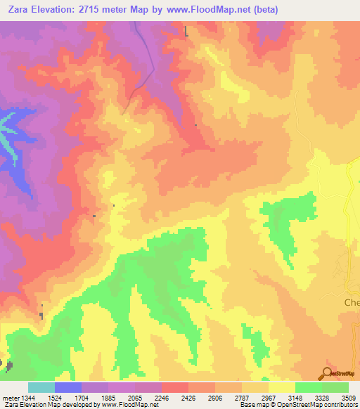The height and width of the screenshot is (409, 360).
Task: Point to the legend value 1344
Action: (29, 397)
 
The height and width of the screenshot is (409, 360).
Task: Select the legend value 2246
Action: (162, 397)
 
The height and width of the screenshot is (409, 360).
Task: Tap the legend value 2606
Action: (216, 397)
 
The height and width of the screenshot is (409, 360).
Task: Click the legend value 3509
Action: (349, 397)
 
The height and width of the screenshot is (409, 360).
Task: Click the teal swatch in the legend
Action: (41, 387)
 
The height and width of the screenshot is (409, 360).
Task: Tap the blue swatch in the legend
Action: (68, 387)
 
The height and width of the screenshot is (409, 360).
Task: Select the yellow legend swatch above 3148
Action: (282, 387)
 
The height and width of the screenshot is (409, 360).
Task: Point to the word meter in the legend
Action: (10, 397)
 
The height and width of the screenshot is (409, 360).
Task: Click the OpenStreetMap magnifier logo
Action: (327, 373)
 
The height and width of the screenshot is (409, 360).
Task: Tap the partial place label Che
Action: (351, 303)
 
